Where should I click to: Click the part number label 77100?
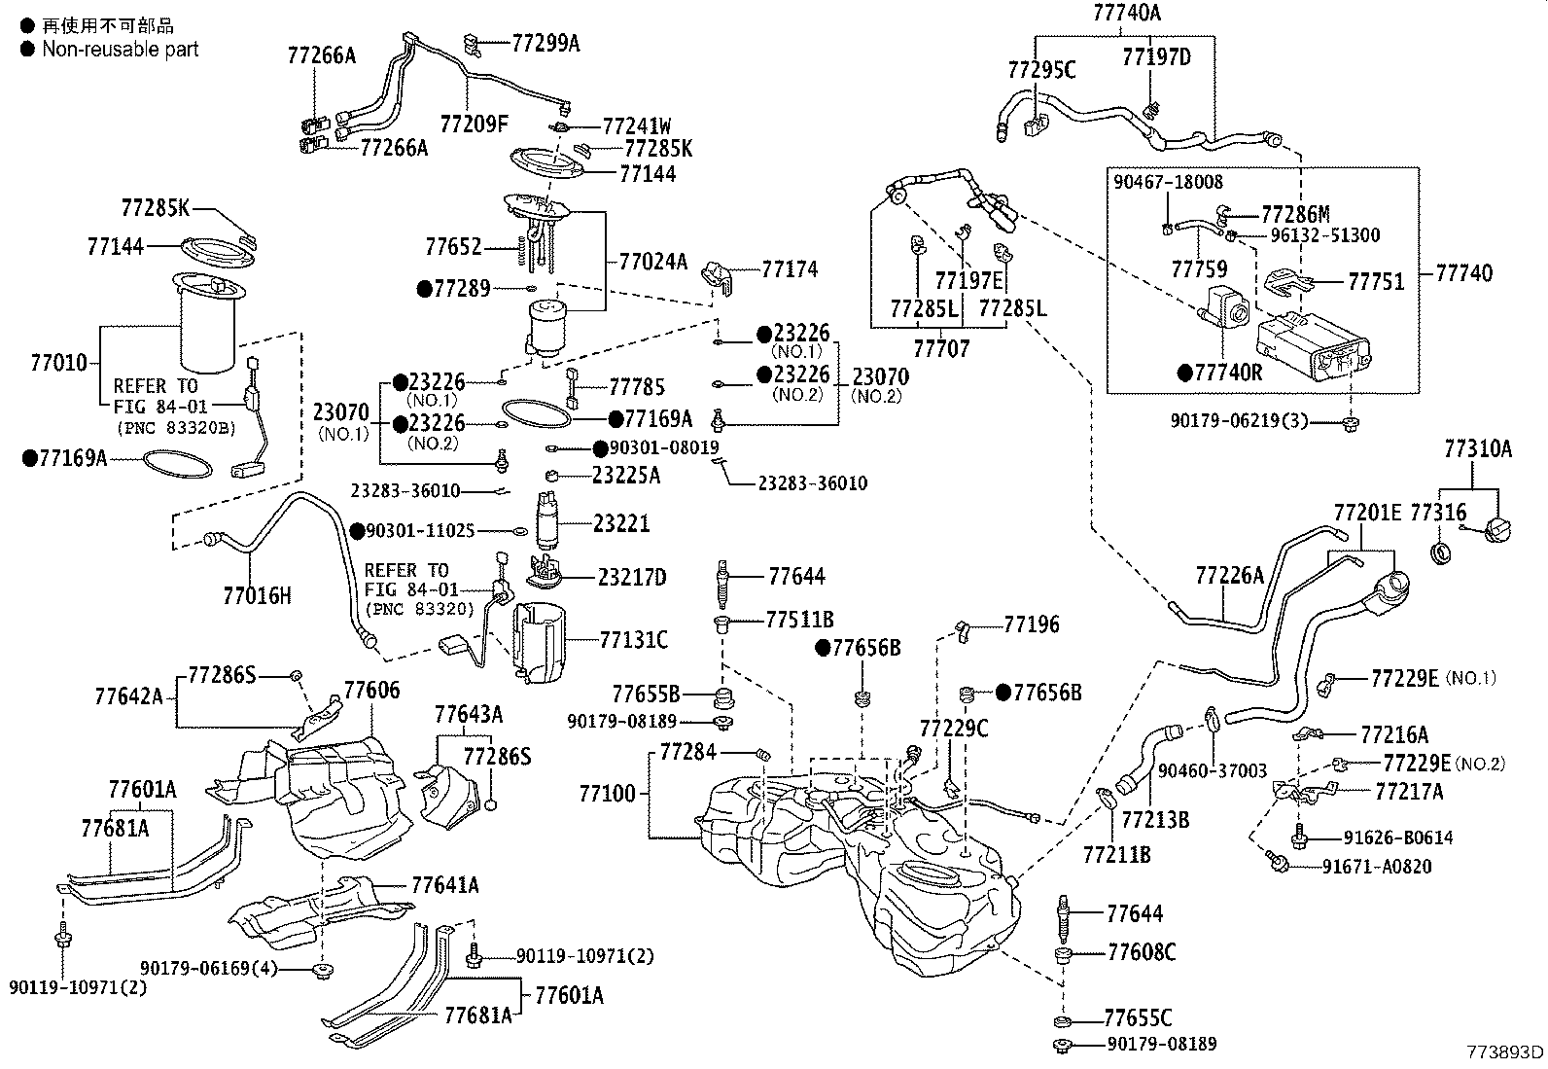pyautogui.click(x=608, y=793)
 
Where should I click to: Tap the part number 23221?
pyautogui.click(x=621, y=523)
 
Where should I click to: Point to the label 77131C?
pyautogui.click(x=633, y=640)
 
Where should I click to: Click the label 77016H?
pyautogui.click(x=257, y=595)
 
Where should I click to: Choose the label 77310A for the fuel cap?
pyautogui.click(x=1478, y=449)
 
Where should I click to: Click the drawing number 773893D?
pyautogui.click(x=1505, y=1051)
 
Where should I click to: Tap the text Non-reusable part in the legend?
pyautogui.click(x=121, y=49)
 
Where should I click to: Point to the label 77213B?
pyautogui.click(x=1155, y=819)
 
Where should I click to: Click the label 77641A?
pyautogui.click(x=445, y=885)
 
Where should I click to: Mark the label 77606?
pyautogui.click(x=371, y=690)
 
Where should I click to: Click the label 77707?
pyautogui.click(x=941, y=348)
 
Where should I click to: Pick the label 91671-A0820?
pyautogui.click(x=1377, y=867)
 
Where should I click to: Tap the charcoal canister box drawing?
pyautogui.click(x=1313, y=347)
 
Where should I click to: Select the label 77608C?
pyautogui.click(x=1141, y=952)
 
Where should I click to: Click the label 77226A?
pyautogui.click(x=1229, y=575)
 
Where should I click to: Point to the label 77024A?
pyautogui.click(x=653, y=262)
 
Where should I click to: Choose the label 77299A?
pyautogui.click(x=545, y=43)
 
